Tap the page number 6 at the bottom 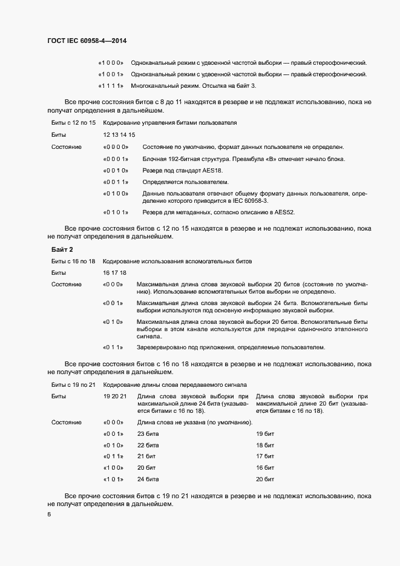click(x=49, y=515)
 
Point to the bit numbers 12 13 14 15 click(x=119, y=135)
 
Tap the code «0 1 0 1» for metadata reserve click(x=116, y=212)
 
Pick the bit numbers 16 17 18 click(x=115, y=273)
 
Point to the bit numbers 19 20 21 click(x=115, y=396)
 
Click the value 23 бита click(x=148, y=434)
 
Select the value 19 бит click(x=265, y=434)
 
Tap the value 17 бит click(x=265, y=456)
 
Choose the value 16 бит click(x=265, y=468)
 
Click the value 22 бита click(x=148, y=446)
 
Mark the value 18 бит click(x=265, y=446)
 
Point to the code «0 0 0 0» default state click(x=116, y=147)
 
